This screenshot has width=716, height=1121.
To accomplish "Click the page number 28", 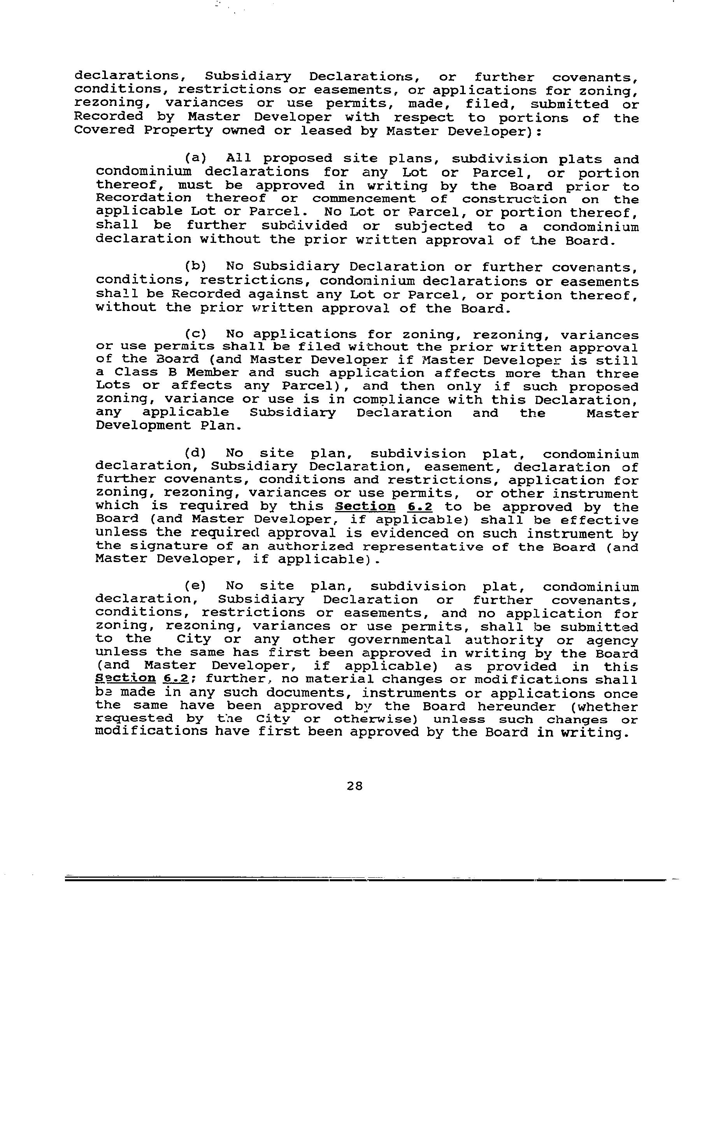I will [x=355, y=786].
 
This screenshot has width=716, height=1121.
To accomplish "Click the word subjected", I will [x=434, y=227].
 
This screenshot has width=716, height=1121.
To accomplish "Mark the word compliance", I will [x=396, y=400].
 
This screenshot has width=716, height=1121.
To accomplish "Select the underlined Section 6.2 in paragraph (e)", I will [x=142, y=679].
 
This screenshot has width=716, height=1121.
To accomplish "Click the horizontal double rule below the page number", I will [x=365, y=880].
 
